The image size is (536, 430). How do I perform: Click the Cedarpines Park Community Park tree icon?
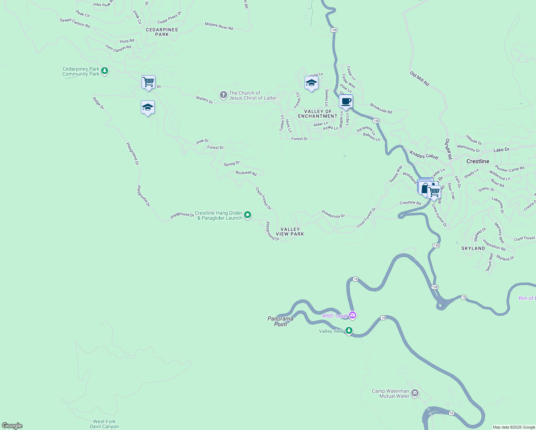105,71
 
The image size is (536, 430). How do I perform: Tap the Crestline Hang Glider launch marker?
247,215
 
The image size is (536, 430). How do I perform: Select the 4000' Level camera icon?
353,315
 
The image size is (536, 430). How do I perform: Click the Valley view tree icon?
349,331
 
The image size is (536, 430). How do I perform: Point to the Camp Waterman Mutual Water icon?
415,393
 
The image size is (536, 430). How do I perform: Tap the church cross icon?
223,95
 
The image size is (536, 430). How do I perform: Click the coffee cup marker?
346,101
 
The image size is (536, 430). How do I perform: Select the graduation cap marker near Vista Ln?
311,83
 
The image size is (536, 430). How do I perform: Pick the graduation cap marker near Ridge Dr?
148,107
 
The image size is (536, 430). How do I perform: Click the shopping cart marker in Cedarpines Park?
148,82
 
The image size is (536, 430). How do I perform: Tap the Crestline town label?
478,161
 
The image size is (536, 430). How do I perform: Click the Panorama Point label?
281,321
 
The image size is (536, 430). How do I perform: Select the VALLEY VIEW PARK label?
290,231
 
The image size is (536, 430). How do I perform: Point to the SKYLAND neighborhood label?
473,248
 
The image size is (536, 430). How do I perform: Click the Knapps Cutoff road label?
424,155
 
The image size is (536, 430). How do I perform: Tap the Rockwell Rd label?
246,173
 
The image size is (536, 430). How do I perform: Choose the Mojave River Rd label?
219,26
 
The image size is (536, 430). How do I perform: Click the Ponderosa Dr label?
333,214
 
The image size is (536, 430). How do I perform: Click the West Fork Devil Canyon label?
104,424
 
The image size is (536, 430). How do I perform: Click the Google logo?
12,426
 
